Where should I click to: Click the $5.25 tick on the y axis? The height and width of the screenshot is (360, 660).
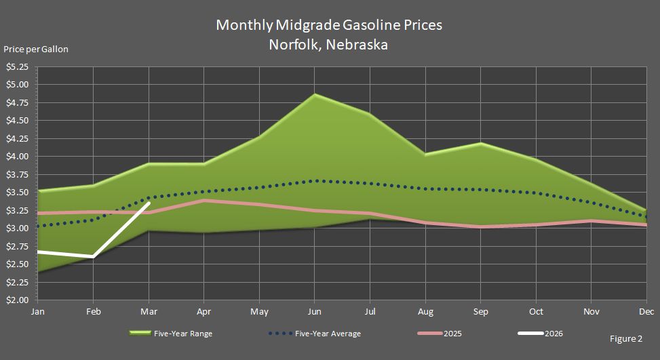click(x=17, y=67)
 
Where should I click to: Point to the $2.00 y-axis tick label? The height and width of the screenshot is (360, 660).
click(x=17, y=300)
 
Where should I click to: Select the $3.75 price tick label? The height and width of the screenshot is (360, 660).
click(x=17, y=174)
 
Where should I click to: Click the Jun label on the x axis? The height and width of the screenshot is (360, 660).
click(x=313, y=312)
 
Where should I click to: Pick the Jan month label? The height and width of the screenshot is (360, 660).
click(x=38, y=312)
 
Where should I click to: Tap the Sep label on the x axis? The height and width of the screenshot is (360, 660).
click(x=480, y=312)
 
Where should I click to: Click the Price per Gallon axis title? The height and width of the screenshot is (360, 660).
click(x=36, y=49)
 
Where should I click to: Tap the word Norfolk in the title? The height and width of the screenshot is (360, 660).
click(x=297, y=45)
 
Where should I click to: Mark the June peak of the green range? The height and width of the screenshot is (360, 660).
click(x=313, y=95)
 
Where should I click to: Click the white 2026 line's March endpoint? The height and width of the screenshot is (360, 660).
click(x=149, y=203)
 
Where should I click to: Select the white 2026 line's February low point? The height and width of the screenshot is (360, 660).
click(x=93, y=257)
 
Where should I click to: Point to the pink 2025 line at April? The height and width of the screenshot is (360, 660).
click(x=203, y=200)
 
